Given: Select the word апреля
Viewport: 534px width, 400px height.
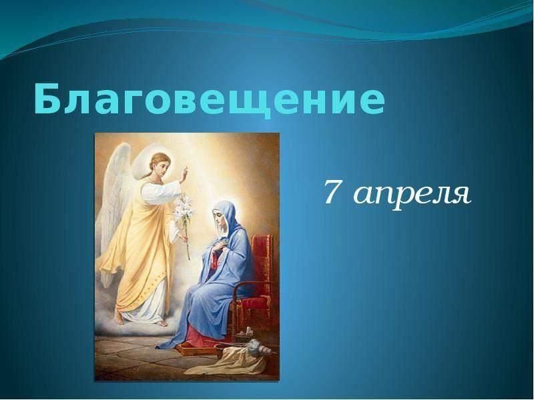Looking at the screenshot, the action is (411, 195).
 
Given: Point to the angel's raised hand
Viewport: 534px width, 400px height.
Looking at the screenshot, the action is (185, 174).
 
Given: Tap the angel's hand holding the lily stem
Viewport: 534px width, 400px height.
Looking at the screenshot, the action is (184, 237).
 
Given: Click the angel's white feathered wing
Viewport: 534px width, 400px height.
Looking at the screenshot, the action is (113, 204).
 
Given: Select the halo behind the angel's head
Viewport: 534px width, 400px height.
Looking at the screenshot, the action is (146, 163).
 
